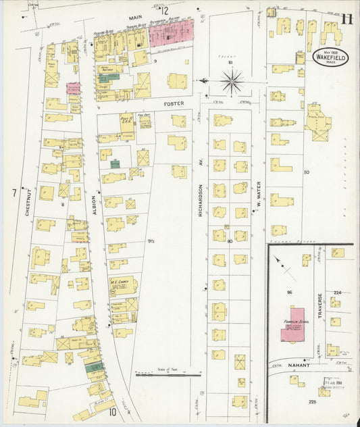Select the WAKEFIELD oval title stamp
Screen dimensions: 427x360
[x=330, y=57]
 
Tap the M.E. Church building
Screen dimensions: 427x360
[x=122, y=286]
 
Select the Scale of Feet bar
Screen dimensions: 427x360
[x=168, y=374]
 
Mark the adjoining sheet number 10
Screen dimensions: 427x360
[x=111, y=411]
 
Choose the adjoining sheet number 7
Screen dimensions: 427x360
[x=13, y=194]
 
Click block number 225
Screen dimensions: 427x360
[x=311, y=402]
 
